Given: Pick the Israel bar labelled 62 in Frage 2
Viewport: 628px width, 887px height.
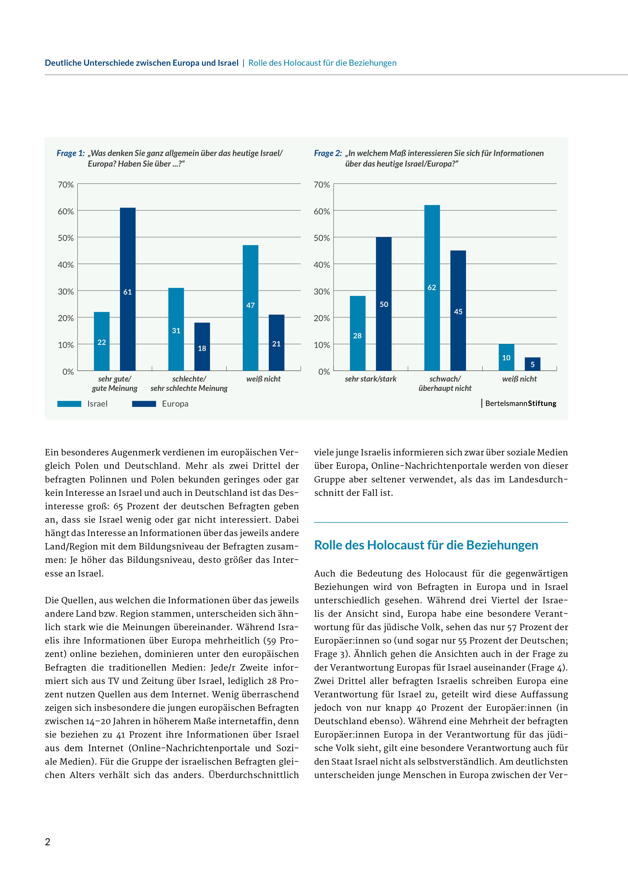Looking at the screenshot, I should tap(432, 288).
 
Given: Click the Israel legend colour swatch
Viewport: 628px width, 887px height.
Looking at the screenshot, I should tap(69, 404).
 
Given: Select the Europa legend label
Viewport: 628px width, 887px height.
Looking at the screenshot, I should tap(175, 404).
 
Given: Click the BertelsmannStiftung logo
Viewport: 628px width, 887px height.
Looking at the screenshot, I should tap(520, 403).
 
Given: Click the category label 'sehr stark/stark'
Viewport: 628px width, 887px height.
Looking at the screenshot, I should tap(371, 379).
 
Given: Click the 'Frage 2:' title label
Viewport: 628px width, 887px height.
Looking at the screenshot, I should tap(328, 153).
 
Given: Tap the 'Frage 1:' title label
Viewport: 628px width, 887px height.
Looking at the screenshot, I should tap(70, 153).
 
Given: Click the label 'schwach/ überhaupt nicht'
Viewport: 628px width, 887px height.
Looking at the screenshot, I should tap(445, 384).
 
